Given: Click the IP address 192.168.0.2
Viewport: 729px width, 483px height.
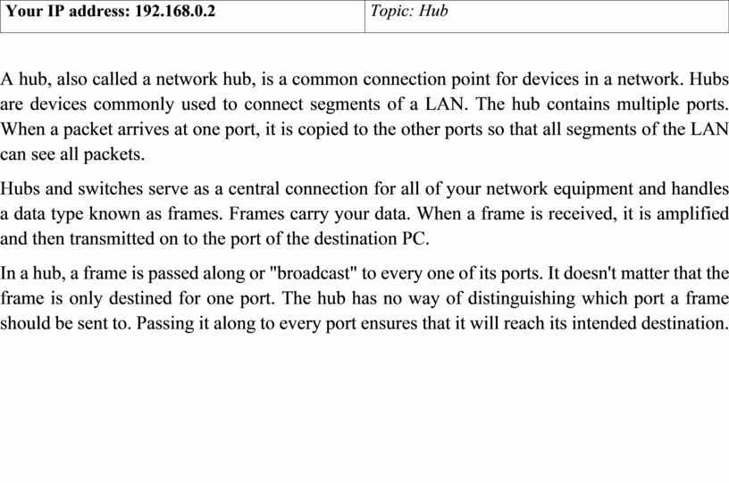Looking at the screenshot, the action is point(175,11).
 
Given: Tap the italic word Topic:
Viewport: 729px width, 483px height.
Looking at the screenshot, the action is point(392,11).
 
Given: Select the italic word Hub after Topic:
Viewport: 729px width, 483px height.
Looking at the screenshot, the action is point(434,11).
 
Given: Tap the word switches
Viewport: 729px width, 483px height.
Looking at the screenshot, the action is point(110,188).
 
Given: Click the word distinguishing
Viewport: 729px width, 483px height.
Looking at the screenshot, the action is point(521,298).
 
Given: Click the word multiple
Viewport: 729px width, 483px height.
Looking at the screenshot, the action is point(648,104).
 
